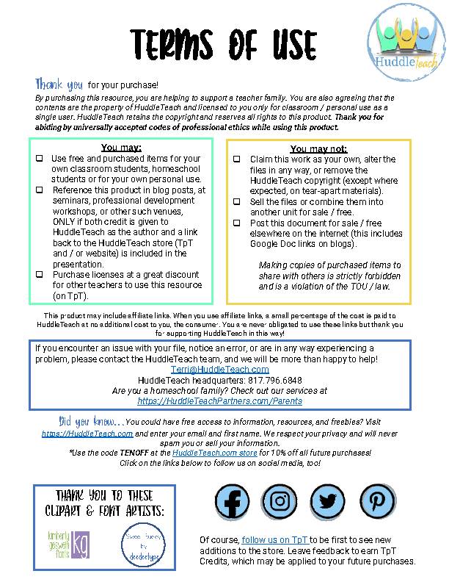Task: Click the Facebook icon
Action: (x=233, y=503)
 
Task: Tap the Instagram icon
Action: (x=280, y=503)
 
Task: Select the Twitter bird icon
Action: (x=327, y=503)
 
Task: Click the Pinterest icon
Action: (x=376, y=503)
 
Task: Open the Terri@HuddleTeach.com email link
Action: (x=220, y=369)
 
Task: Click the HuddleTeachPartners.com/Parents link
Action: (x=219, y=401)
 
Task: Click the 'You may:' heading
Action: (x=121, y=147)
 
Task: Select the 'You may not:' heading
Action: (x=318, y=148)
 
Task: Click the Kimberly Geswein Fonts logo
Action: (x=67, y=544)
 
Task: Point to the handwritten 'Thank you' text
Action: (x=59, y=84)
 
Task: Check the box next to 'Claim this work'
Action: (x=237, y=159)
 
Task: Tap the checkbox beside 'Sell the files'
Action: (x=237, y=201)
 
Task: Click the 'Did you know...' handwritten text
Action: (x=91, y=422)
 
